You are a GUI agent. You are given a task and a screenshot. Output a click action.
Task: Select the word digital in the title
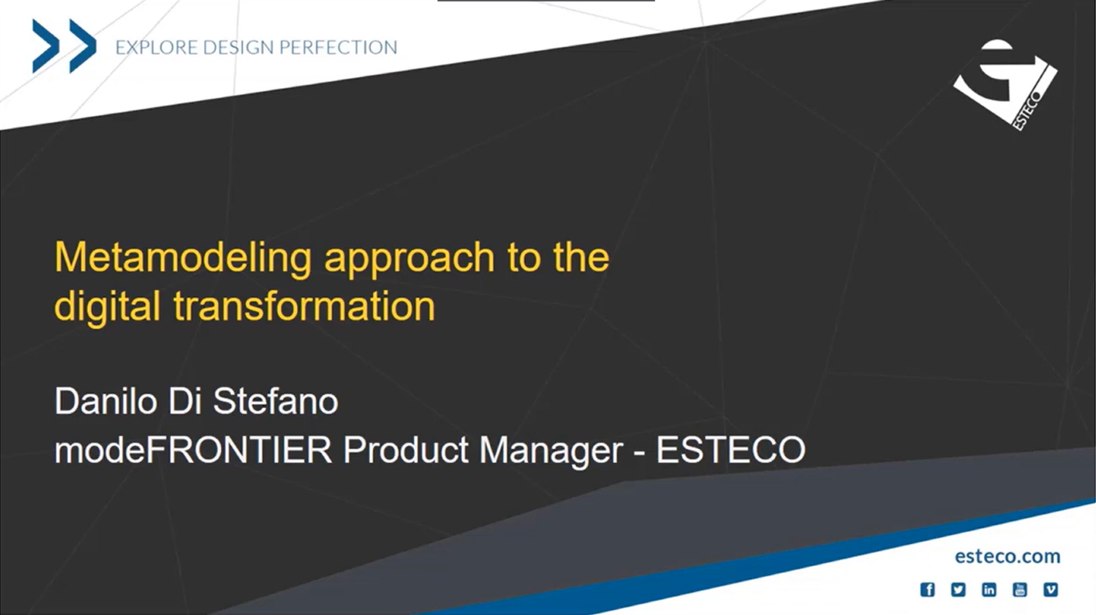point(107,307)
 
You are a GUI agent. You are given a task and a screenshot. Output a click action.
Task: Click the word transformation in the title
point(304,307)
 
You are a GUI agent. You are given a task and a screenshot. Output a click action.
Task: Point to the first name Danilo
point(106,401)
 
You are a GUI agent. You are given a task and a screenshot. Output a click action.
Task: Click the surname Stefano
point(275,401)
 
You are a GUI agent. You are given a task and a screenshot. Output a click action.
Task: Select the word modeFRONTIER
point(193,450)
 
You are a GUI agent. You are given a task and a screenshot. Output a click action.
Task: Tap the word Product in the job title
point(405,450)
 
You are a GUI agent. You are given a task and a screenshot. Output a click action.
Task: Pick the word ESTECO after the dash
point(730,450)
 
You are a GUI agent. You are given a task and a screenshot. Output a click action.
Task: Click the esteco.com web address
point(1007,556)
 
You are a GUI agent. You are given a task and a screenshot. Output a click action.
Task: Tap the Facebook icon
point(928,590)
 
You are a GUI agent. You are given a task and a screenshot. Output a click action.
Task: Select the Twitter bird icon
point(958,590)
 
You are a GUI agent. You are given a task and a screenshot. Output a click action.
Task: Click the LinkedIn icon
point(989,590)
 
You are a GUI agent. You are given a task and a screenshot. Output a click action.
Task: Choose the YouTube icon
point(1019,590)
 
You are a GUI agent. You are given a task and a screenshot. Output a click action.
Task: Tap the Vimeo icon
point(1050,590)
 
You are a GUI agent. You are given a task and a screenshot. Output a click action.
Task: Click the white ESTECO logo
point(1005,84)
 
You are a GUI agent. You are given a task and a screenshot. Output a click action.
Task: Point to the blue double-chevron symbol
point(64,46)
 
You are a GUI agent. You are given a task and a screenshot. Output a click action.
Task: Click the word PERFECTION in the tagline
point(338,48)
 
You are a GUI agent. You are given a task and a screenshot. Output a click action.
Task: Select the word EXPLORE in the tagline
point(156,48)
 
